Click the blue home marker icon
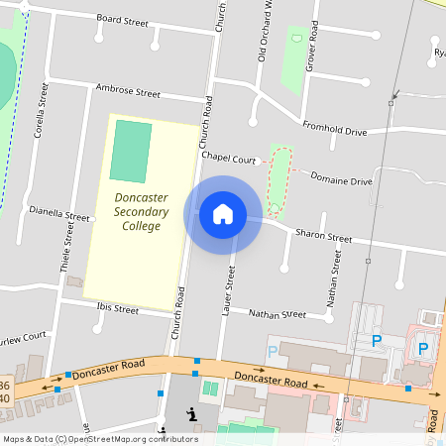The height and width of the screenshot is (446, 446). pyautogui.click(x=223, y=213)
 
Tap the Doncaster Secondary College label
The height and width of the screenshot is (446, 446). pyautogui.click(x=141, y=211)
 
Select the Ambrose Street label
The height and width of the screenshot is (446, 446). pyautogui.click(x=128, y=91)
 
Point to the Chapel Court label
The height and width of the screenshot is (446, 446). pyautogui.click(x=229, y=158)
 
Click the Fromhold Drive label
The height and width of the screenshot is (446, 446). pyautogui.click(x=334, y=129)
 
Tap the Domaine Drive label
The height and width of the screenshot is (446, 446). pyautogui.click(x=341, y=180)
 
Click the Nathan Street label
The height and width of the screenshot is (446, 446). pyautogui.click(x=278, y=314)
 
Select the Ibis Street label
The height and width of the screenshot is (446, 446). pyautogui.click(x=118, y=308)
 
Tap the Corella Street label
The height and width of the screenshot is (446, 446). pyautogui.click(x=42, y=109)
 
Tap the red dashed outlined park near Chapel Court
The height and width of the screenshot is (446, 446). pyautogui.click(x=279, y=182)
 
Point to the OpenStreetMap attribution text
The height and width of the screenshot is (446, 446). pyautogui.click(x=99, y=439)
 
